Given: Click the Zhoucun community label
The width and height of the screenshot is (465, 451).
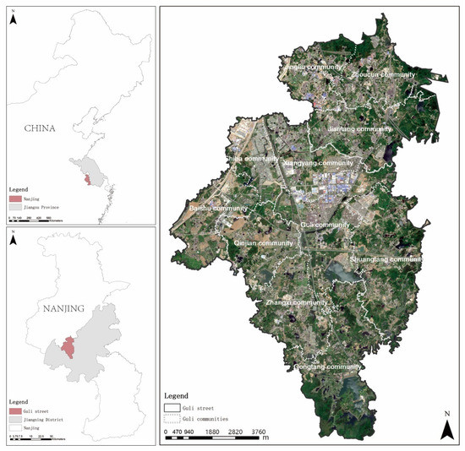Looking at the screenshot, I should [384, 74].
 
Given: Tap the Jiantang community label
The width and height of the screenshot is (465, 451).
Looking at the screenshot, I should [360, 129].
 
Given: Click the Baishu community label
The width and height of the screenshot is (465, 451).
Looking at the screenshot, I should [218, 208].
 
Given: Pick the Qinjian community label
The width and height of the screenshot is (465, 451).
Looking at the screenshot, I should [263, 243].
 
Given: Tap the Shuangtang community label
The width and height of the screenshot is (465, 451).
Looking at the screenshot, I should [386, 258].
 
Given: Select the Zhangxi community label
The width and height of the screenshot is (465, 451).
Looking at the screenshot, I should [296, 302].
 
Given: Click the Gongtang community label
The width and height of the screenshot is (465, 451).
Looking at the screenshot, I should [328, 367].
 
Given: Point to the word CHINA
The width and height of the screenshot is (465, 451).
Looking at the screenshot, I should [40, 129].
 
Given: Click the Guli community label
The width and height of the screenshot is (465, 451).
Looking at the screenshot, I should [325, 225].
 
